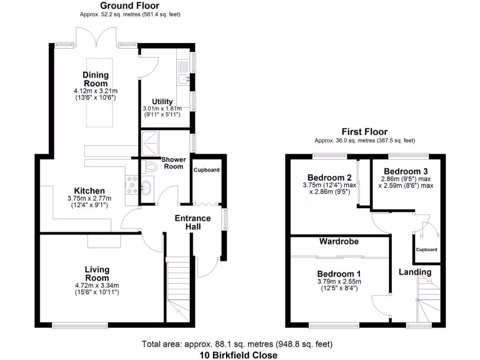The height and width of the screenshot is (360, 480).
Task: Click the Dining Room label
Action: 96,79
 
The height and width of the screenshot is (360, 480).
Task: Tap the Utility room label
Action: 162,102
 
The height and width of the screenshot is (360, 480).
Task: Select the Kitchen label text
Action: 90,191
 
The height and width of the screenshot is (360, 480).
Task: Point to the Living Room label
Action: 97,274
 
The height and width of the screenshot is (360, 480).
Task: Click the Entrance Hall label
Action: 193,222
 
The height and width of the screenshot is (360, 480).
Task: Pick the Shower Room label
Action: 173,163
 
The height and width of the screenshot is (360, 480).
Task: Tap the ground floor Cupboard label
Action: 207,170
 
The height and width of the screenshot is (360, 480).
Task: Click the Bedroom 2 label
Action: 330,177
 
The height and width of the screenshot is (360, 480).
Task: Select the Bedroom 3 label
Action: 405,171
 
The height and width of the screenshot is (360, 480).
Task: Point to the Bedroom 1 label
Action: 339,274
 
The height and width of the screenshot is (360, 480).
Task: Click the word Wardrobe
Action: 339,242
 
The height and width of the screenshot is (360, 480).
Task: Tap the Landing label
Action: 415,272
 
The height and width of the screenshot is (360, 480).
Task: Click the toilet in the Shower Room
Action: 151,166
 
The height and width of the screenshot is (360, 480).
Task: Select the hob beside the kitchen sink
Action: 131,184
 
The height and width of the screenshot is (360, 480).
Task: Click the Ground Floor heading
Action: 130,6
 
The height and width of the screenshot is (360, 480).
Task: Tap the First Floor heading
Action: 364,132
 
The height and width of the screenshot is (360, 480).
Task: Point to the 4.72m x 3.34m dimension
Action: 97,285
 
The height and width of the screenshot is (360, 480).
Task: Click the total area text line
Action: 238,345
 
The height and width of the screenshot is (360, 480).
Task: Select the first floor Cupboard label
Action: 427,250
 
